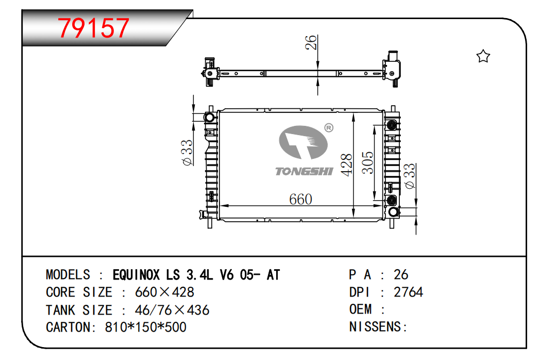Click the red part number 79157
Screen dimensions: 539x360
(93, 28)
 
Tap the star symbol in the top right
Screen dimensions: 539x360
(483, 56)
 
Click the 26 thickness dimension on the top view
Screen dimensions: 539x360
(311, 42)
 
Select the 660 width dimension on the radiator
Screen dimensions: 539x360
(300, 199)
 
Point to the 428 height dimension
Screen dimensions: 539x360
(347, 165)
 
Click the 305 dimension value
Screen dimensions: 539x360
(368, 162)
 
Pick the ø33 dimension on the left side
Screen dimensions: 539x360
(187, 153)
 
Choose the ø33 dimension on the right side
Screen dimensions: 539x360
(410, 176)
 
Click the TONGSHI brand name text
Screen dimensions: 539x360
(304, 171)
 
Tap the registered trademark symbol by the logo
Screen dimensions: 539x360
(329, 128)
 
